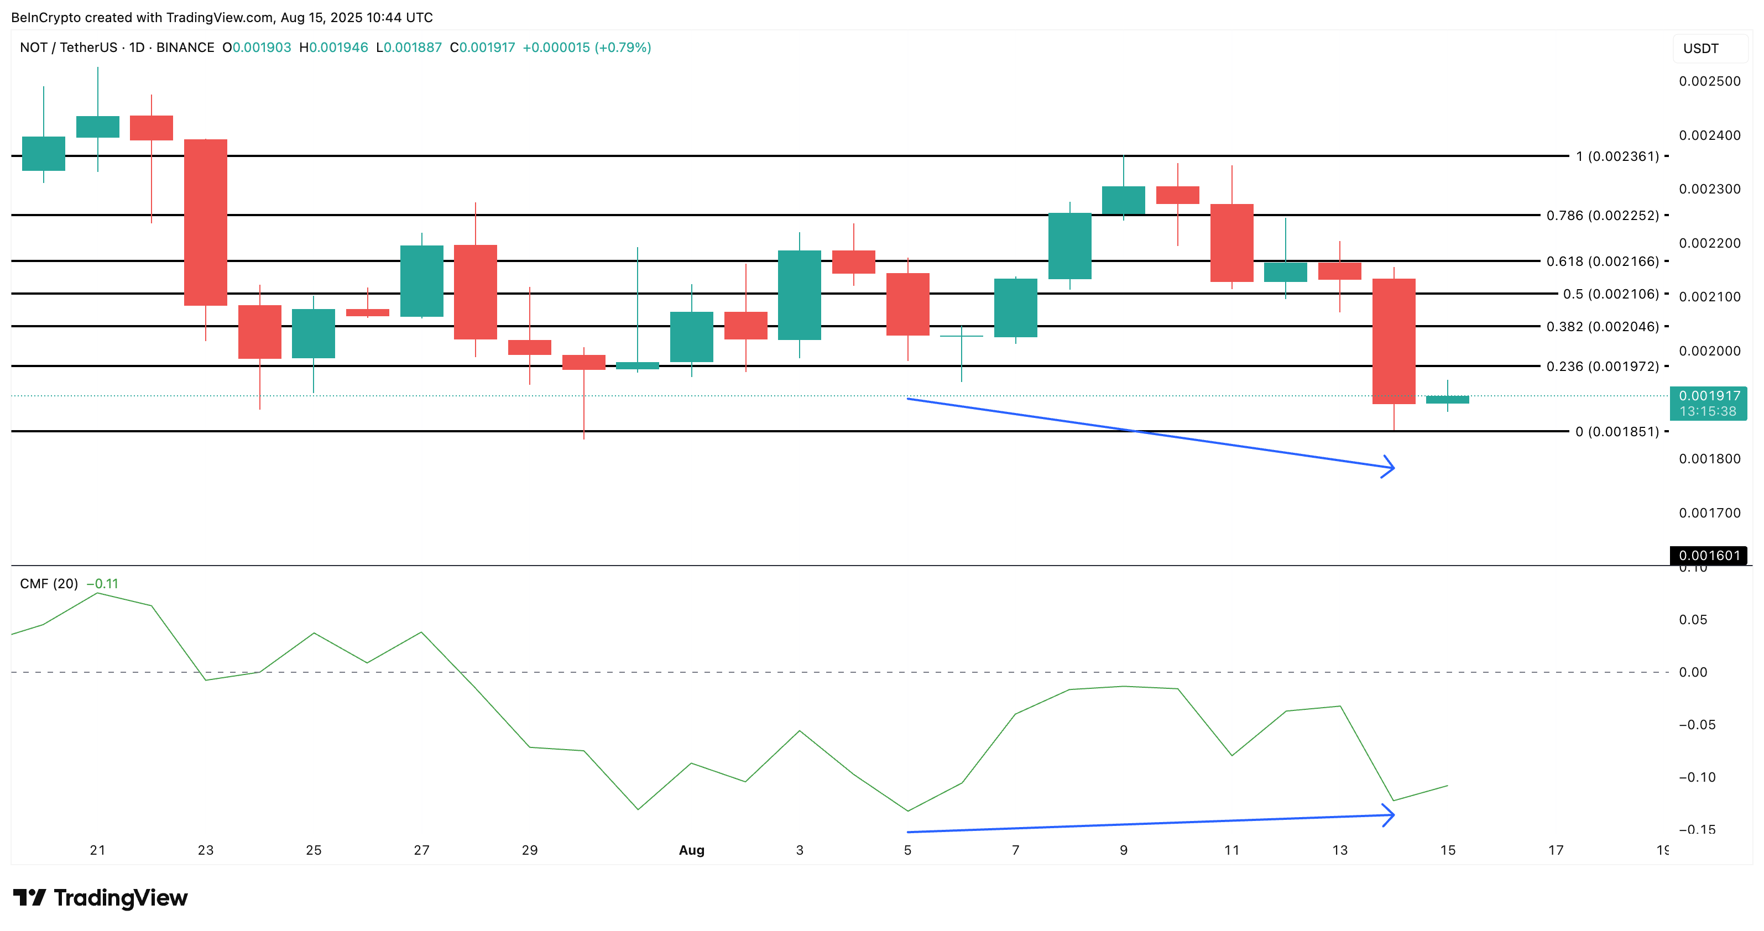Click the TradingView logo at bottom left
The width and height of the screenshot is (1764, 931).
(x=100, y=897)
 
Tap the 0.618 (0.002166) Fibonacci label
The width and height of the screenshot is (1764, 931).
(x=1603, y=261)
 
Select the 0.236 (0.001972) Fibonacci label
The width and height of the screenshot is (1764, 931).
(x=1603, y=366)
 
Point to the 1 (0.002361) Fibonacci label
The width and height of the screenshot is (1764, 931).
(x=1617, y=156)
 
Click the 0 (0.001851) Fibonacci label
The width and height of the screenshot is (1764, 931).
(x=1617, y=431)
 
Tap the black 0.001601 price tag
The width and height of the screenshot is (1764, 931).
(x=1709, y=555)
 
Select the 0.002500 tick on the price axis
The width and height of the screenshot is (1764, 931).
(x=1709, y=81)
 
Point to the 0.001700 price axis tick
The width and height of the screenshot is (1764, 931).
(x=1709, y=512)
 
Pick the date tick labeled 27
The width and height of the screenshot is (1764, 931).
(x=422, y=850)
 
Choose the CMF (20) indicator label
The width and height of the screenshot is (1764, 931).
(x=49, y=584)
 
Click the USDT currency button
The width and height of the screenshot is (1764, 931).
(x=1701, y=49)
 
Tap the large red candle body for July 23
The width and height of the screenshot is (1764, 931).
(x=206, y=222)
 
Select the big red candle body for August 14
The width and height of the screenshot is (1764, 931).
(x=1394, y=341)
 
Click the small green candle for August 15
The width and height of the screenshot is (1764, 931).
(x=1447, y=399)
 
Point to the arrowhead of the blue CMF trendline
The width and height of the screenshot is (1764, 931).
(x=1391, y=815)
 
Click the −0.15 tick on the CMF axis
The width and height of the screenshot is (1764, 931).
(x=1697, y=830)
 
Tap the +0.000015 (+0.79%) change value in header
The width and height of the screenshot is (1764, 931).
(x=586, y=47)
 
